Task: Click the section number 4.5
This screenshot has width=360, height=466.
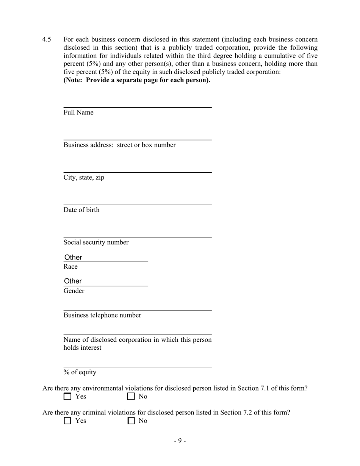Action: click(47, 39)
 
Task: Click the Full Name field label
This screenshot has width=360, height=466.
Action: click(78, 113)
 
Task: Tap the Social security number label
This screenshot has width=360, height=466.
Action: click(96, 242)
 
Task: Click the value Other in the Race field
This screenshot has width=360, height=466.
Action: click(73, 257)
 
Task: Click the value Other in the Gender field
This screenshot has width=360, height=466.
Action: click(73, 281)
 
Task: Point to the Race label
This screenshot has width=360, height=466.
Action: click(70, 267)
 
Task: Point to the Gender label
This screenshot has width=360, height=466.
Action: click(74, 291)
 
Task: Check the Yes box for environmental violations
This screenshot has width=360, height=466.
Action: click(67, 397)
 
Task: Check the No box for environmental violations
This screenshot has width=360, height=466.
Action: click(131, 397)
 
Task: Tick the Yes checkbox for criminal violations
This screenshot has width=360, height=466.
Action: click(67, 421)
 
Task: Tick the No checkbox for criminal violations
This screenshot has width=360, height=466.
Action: click(131, 421)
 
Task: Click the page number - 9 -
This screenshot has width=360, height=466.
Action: click(180, 441)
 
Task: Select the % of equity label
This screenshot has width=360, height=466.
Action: click(80, 372)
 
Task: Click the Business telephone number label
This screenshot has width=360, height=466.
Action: click(102, 315)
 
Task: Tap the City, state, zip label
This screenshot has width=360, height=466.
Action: click(84, 178)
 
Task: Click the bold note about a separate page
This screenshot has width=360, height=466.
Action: click(137, 80)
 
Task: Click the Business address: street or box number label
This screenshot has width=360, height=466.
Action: click(119, 145)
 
